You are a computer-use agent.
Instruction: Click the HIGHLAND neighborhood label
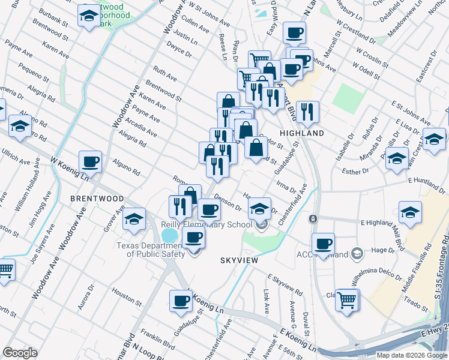click(x=301, y=133)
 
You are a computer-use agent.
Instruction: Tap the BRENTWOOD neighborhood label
click(x=97, y=198)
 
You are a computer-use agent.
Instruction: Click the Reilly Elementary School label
click(x=206, y=224)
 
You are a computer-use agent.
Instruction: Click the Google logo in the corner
click(x=20, y=353)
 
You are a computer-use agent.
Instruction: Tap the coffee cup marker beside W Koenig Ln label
click(x=90, y=161)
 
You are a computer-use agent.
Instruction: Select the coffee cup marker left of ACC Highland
click(x=323, y=244)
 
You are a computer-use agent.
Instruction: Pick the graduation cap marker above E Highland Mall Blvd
click(x=410, y=212)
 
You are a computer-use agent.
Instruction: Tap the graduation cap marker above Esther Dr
click(x=396, y=159)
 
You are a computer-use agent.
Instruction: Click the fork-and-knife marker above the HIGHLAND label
click(x=307, y=111)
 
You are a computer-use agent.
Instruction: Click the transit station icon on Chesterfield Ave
click(x=313, y=219)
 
